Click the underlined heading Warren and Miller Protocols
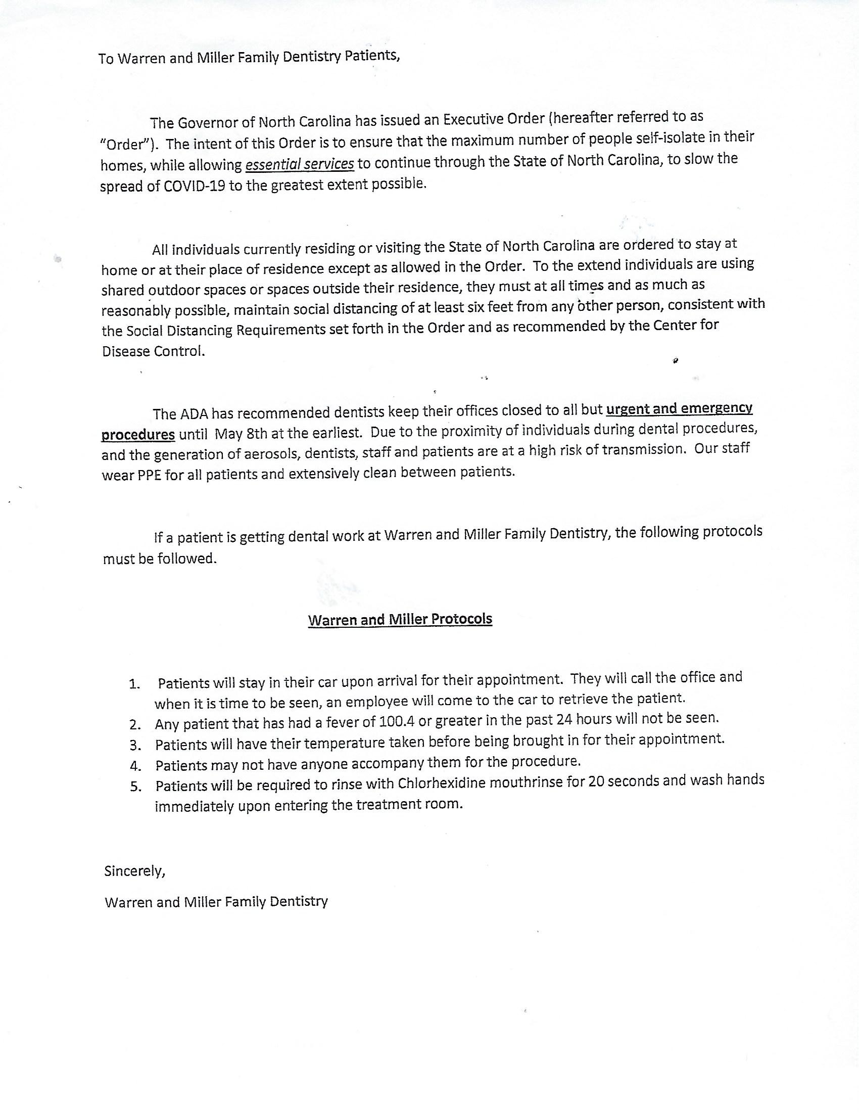[400, 619]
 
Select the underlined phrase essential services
[300, 164]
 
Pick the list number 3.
[135, 746]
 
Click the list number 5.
[135, 786]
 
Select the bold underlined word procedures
[138, 435]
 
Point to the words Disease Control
[154, 351]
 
